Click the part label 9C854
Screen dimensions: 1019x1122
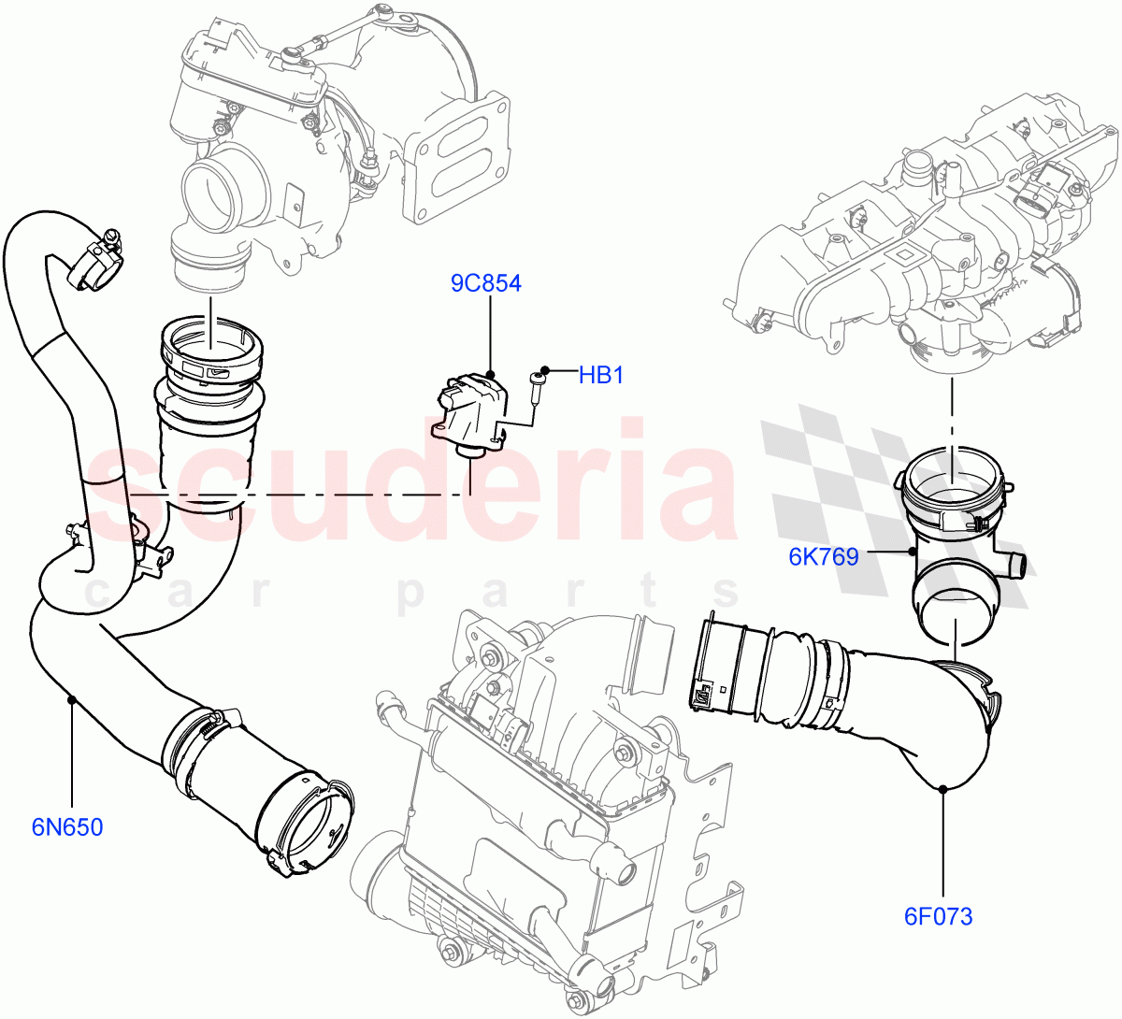tap(485, 283)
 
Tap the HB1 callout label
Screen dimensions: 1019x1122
tap(600, 376)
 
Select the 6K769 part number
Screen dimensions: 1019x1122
tap(823, 557)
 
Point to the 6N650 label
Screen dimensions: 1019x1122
tap(67, 827)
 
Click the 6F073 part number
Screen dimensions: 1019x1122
tap(938, 916)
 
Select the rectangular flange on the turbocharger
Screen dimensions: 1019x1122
tap(458, 159)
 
